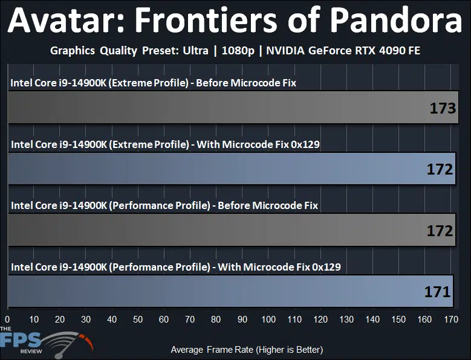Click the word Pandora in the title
click(398, 19)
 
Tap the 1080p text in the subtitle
click(238, 51)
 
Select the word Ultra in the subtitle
click(195, 50)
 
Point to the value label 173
click(443, 108)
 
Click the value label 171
click(437, 292)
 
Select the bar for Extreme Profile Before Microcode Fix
click(233, 108)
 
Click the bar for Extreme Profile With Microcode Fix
click(232, 169)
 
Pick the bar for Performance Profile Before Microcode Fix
click(232, 230)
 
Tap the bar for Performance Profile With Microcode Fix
click(230, 291)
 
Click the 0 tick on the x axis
click(7, 319)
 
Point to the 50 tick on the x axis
click(138, 319)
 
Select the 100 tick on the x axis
click(268, 319)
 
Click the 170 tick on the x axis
click(451, 319)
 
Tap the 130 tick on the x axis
click(346, 319)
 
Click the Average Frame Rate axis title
click(247, 350)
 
